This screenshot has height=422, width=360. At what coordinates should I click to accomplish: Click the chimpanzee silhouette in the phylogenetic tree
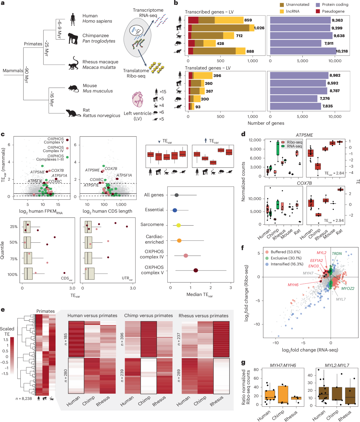(x=73, y=38)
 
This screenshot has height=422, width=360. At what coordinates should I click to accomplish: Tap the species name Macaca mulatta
(x=99, y=67)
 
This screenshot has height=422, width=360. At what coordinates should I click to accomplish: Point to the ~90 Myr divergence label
(x=26, y=75)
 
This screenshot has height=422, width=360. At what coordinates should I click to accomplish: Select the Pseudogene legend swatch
(x=318, y=11)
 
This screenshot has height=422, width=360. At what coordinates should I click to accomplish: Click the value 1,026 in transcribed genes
(x=259, y=28)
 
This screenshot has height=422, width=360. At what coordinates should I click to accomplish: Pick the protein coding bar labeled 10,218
(x=303, y=51)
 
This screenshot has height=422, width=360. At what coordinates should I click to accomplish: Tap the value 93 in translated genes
(x=198, y=107)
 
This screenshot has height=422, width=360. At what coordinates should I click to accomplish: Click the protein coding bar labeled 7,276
(x=294, y=98)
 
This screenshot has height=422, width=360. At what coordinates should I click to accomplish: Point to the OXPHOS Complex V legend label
(x=54, y=140)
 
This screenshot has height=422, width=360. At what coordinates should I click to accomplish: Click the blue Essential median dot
(x=175, y=210)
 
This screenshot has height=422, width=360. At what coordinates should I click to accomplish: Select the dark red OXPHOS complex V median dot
(x=196, y=270)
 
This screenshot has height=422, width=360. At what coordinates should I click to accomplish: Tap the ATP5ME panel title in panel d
(x=304, y=135)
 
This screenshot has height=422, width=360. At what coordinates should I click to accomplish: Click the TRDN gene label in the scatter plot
(x=337, y=253)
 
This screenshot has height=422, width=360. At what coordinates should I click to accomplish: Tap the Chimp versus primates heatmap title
(x=148, y=316)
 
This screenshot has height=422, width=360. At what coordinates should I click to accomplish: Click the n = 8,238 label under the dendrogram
(x=24, y=399)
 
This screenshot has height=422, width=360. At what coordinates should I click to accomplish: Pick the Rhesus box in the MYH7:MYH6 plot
(x=296, y=398)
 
